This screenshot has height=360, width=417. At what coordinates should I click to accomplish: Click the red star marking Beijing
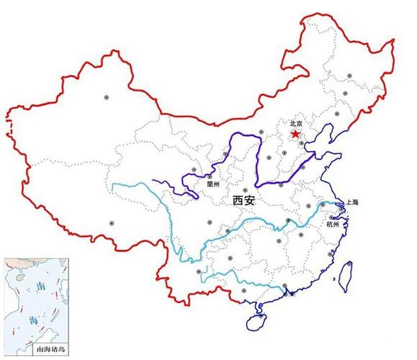tap(295, 134)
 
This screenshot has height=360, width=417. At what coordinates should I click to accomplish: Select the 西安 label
tap(244, 201)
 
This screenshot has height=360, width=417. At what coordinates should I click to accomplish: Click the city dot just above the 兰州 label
tap(210, 176)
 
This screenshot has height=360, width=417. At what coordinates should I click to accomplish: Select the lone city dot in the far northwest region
tap(107, 96)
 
